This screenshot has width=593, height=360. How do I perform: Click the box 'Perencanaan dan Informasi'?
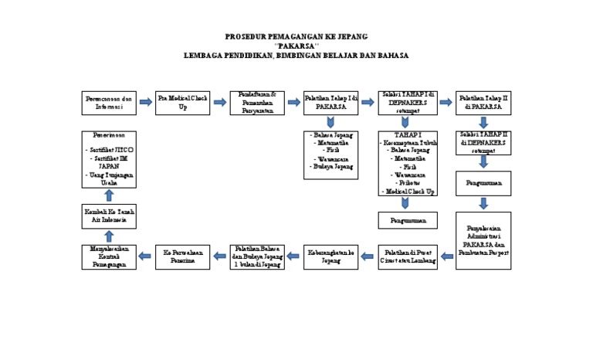pyautogui.click(x=109, y=103)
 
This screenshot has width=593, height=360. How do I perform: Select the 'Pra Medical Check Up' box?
pyautogui.click(x=182, y=103)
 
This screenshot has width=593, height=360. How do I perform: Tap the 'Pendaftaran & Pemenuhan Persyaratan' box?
pyautogui.click(x=257, y=103)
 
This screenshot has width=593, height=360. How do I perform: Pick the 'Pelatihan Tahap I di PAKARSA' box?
pyautogui.click(x=331, y=103)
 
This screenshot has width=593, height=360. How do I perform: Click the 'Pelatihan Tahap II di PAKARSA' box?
pyautogui.click(x=483, y=103)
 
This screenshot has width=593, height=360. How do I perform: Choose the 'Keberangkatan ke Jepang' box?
pyautogui.click(x=331, y=256)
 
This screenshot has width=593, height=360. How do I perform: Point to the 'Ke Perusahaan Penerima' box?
pyautogui.click(x=182, y=256)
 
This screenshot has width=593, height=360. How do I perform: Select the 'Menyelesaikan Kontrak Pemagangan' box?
pyautogui.click(x=109, y=256)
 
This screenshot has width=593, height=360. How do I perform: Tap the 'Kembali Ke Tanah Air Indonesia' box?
pyautogui.click(x=109, y=216)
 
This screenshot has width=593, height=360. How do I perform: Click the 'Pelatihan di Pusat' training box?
pyautogui.click(x=407, y=256)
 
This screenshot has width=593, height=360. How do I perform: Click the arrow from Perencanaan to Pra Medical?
pyautogui.click(x=145, y=102)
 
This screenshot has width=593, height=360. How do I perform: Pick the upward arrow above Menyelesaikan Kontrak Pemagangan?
pyautogui.click(x=109, y=236)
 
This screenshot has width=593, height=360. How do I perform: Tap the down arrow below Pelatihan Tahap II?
pyautogui.click(x=483, y=122)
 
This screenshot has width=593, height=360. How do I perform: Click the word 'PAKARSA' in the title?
pyautogui.click(x=296, y=46)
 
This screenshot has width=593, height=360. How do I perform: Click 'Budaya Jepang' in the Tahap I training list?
pyautogui.click(x=331, y=166)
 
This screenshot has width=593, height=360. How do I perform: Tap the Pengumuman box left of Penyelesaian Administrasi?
pyautogui.click(x=407, y=220)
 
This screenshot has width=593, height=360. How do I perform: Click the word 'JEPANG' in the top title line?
pyautogui.click(x=351, y=36)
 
